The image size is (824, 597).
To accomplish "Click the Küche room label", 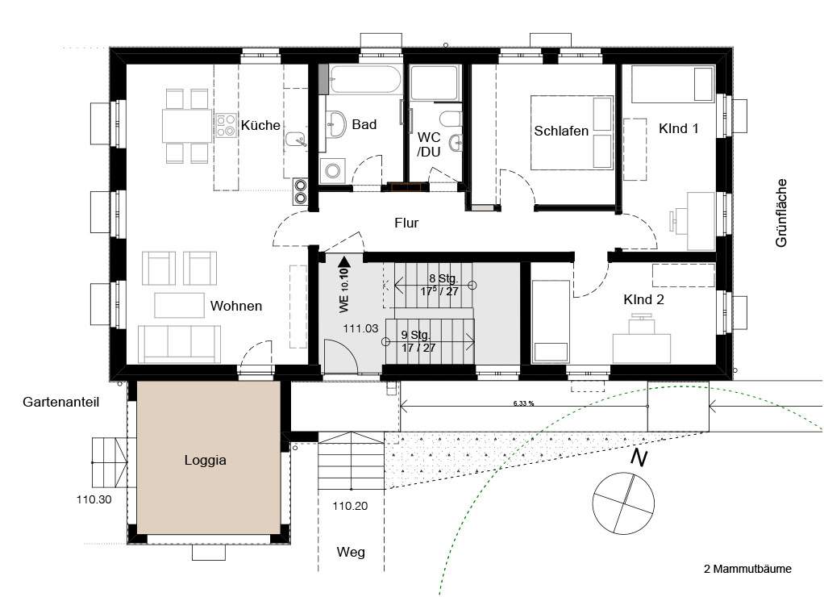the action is pyautogui.click(x=260, y=125).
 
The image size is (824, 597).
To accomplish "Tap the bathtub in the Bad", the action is pyautogui.click(x=365, y=79).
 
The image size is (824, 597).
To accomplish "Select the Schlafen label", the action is pyautogui.click(x=561, y=131).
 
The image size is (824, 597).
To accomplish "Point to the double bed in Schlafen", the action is pyautogui.click(x=572, y=132).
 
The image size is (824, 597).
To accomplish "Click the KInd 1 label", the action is pyautogui.click(x=678, y=128).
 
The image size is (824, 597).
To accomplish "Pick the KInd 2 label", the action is pyautogui.click(x=643, y=300).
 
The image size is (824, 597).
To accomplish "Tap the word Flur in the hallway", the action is pyautogui.click(x=406, y=223).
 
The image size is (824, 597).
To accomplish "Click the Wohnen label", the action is pyautogui.click(x=236, y=306).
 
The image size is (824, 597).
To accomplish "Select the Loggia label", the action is pyautogui.click(x=205, y=460).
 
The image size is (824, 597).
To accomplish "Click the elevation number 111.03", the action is pyautogui.click(x=360, y=328).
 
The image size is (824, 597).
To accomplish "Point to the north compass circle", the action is pyautogui.click(x=623, y=503).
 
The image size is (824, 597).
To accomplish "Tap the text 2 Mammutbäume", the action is pyautogui.click(x=747, y=569).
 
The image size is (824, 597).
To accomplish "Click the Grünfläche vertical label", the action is pyautogui.click(x=781, y=213).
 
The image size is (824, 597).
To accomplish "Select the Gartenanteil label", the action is pyautogui.click(x=61, y=403).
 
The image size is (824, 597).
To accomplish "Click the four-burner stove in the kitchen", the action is pyautogui.click(x=227, y=126).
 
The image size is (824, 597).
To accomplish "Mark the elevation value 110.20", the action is pyautogui.click(x=350, y=507).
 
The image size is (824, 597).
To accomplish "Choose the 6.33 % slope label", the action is pyautogui.click(x=523, y=404).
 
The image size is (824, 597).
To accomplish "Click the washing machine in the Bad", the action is pyautogui.click(x=333, y=170).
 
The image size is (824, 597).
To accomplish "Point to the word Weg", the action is pyautogui.click(x=351, y=553).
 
